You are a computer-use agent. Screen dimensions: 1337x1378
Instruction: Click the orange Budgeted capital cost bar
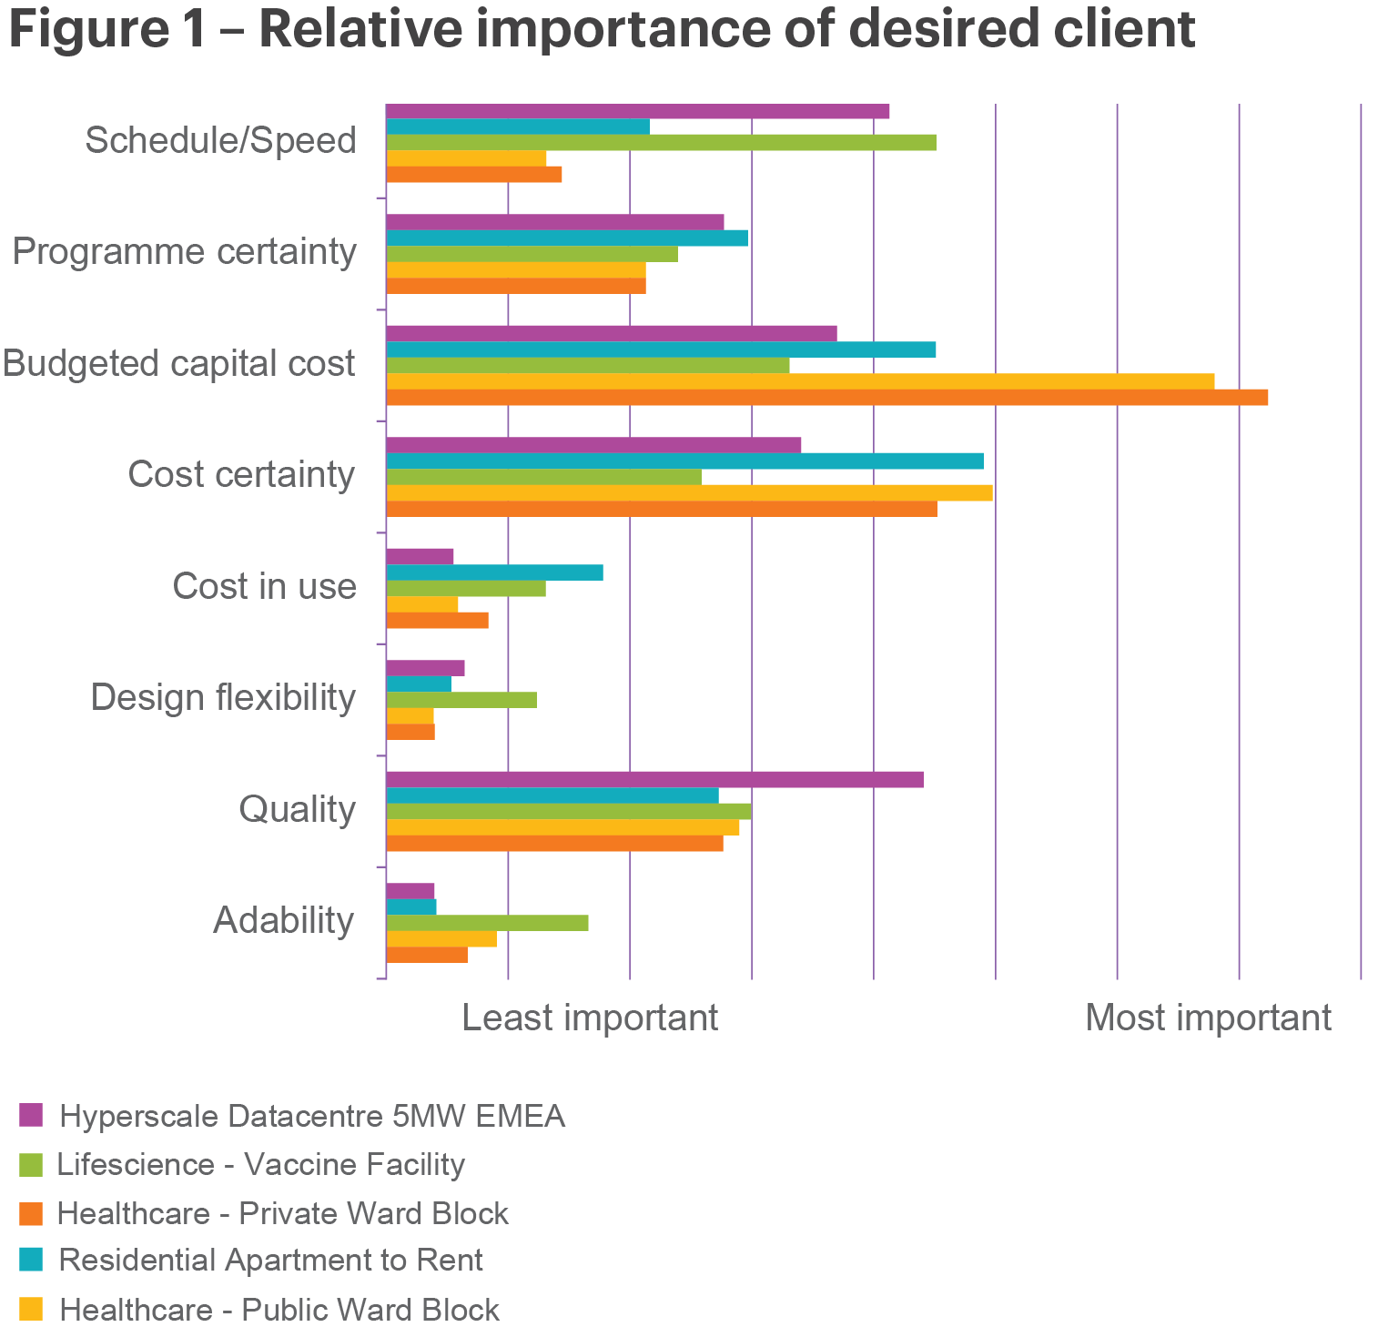tap(826, 397)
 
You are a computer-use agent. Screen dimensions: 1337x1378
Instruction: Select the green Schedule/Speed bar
tap(661, 142)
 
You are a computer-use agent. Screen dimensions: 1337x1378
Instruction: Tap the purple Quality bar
tap(654, 779)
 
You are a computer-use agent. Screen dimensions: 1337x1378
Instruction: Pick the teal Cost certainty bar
tap(684, 461)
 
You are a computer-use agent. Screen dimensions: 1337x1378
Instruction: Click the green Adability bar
tap(487, 923)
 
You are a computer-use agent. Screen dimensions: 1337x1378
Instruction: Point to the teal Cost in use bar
tap(494, 572)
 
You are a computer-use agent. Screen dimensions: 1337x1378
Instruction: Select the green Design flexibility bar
tap(461, 700)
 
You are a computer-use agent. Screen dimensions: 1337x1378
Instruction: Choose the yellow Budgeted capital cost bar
tap(800, 380)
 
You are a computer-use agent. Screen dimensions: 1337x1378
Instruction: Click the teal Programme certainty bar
tap(567, 238)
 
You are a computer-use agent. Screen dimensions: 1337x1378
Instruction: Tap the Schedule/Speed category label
tap(220, 141)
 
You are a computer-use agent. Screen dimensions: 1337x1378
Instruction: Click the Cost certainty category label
tap(241, 474)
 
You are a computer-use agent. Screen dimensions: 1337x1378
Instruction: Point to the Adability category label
tap(283, 920)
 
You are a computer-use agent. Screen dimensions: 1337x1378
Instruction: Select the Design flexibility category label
tap(223, 698)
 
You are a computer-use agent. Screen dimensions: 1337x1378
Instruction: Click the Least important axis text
tap(590, 1018)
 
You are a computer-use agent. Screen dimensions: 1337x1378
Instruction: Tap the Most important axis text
tap(1208, 1018)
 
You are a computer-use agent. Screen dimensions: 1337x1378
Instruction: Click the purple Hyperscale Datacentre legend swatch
tap(31, 1114)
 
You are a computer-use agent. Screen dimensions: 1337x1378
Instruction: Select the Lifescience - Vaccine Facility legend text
tap(261, 1164)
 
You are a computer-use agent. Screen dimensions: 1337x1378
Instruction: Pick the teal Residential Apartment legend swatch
tap(31, 1260)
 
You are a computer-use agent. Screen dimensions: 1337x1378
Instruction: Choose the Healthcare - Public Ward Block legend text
tap(279, 1310)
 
